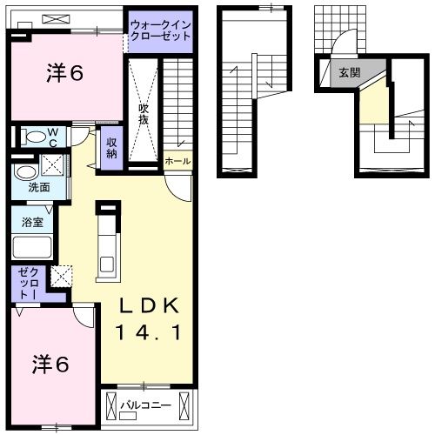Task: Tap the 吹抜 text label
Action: pyautogui.click(x=144, y=113)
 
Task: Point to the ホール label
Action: pyautogui.click(x=176, y=161)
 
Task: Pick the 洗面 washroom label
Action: pyautogui.click(x=37, y=187)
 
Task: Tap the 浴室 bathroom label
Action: pyautogui.click(x=32, y=222)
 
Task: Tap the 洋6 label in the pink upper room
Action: pyautogui.click(x=65, y=75)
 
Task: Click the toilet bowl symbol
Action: pyautogui.click(x=36, y=136)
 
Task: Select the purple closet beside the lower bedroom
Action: pyautogui.click(x=24, y=284)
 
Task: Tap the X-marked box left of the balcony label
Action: pyautogui.click(x=111, y=405)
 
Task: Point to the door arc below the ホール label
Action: pyautogui.click(x=177, y=184)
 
